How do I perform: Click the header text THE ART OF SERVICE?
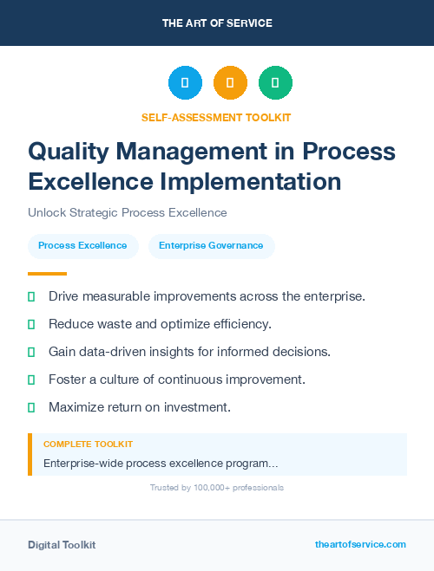[x=217, y=23]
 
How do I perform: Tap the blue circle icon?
[x=185, y=83]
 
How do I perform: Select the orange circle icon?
[x=230, y=83]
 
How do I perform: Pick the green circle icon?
[x=275, y=83]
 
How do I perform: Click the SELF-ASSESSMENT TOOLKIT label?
[x=217, y=117]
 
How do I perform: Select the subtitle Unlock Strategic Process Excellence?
[x=127, y=213]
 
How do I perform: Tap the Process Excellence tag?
[x=82, y=246]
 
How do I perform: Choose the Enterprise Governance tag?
[x=211, y=246]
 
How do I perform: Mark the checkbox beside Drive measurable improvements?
[x=31, y=297]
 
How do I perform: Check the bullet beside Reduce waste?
[x=31, y=325]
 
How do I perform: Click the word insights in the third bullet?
[x=181, y=352]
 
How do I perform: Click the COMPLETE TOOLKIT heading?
[x=88, y=444]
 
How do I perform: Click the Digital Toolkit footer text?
[x=62, y=545]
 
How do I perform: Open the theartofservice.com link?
[x=360, y=544]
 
